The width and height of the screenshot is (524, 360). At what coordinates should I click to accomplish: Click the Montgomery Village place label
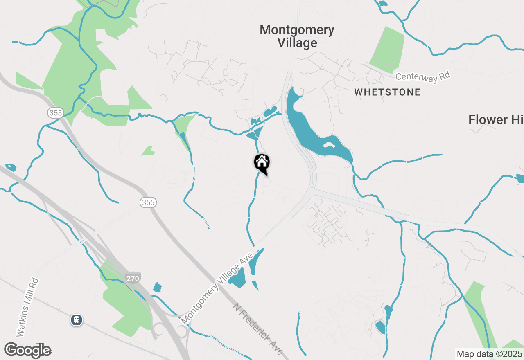[x=297, y=36]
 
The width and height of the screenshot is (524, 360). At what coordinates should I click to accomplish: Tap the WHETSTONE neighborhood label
[x=387, y=92]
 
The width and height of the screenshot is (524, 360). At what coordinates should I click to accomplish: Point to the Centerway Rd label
[x=423, y=76]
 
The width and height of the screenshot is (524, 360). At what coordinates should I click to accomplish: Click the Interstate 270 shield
[x=133, y=278]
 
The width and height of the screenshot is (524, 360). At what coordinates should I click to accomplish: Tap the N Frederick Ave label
[x=258, y=329]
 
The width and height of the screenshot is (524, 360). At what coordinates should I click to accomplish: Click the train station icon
[x=77, y=319]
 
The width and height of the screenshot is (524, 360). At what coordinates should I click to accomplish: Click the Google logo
[x=27, y=351]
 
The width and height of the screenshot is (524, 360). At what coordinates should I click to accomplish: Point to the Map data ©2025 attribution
[x=489, y=354]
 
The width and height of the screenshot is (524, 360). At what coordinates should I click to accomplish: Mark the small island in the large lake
[x=328, y=144]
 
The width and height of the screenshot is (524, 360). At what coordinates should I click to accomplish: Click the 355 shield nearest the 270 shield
[x=148, y=202]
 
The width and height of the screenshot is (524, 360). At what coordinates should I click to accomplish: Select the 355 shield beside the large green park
[x=55, y=112]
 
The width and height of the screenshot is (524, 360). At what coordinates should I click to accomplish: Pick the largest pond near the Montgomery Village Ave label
[x=237, y=280]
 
